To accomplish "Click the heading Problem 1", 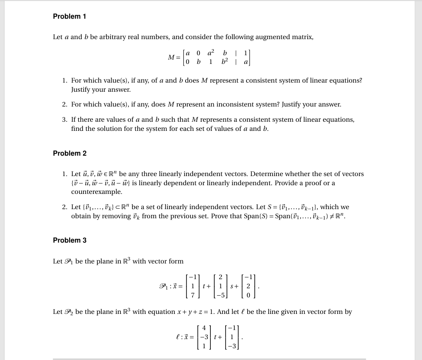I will tap(70, 16).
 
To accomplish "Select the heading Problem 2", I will tap(70, 153).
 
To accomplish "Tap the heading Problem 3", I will tap(70, 240).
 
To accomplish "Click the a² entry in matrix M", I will tap(211, 53).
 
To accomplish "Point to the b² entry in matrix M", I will tap(225, 62).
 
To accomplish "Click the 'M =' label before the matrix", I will tap(174, 57).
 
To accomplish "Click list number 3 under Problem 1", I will tap(64, 120).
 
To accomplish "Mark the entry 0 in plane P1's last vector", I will tap(248, 296).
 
